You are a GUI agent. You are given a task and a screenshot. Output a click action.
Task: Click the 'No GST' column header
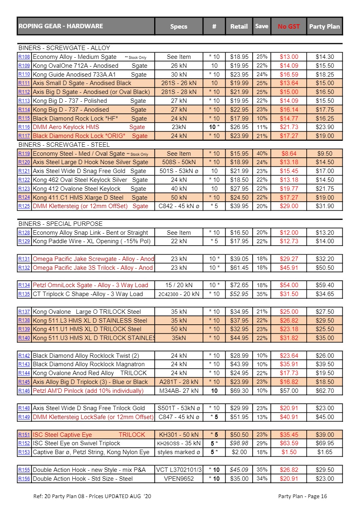(289, 27)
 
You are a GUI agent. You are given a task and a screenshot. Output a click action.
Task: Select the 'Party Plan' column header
(324, 27)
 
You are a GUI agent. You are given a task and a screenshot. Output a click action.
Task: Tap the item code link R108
(24, 57)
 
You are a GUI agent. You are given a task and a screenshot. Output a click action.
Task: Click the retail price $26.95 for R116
(239, 127)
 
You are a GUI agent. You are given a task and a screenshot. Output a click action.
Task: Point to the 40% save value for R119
(262, 154)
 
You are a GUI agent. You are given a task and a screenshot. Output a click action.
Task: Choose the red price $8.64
(289, 154)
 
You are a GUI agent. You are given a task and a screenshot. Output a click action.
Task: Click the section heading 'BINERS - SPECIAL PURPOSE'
(61, 224)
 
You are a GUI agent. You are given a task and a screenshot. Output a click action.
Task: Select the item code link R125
(24, 206)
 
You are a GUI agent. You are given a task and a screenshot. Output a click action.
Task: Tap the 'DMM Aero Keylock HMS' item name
(66, 127)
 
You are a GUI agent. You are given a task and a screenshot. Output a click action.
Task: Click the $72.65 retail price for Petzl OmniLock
(239, 285)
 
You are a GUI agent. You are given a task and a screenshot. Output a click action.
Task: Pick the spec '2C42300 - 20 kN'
(179, 294)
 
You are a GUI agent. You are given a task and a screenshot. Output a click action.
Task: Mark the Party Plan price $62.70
(324, 391)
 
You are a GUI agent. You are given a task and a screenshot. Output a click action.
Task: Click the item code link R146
(24, 391)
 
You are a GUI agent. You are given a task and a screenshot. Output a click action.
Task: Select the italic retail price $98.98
(239, 444)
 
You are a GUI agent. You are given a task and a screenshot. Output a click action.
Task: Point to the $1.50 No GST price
(289, 452)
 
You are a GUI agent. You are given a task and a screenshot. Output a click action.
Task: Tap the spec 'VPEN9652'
(179, 479)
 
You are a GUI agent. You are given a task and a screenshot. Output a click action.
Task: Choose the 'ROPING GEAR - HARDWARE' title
(61, 26)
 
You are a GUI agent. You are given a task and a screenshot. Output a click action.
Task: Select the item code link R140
(24, 338)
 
